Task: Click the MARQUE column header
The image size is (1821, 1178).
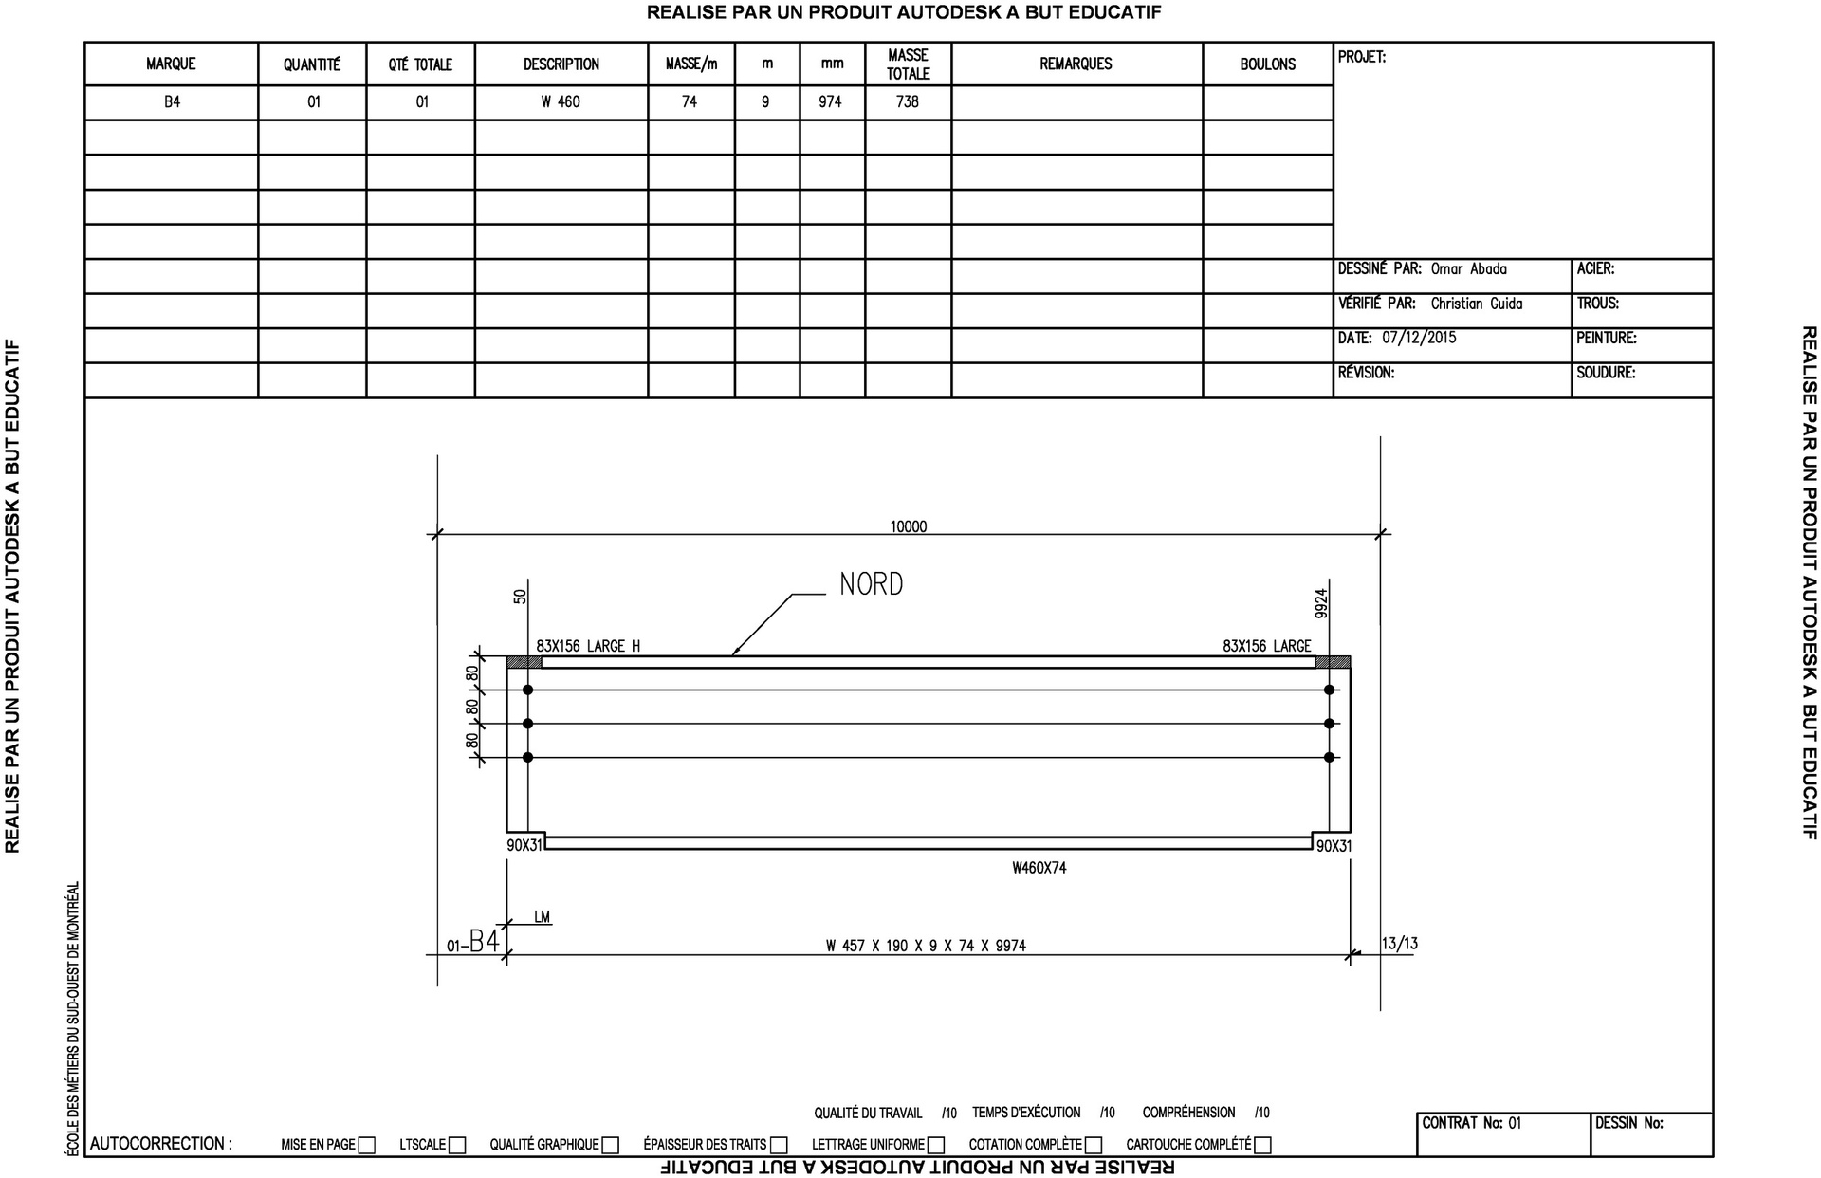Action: pos(171,64)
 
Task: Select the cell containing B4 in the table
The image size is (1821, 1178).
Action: pos(172,101)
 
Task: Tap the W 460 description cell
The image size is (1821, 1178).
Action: pos(561,101)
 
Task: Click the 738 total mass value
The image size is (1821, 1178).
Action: pos(908,101)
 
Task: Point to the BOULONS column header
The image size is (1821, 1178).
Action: pos(1268,64)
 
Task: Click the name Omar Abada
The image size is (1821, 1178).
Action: pos(1468,269)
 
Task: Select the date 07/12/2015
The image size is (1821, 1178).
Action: pos(1419,338)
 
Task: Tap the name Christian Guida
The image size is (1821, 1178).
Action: pos(1477,304)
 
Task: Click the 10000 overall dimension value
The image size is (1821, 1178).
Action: pos(908,526)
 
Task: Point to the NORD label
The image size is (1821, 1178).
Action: pos(871,584)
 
